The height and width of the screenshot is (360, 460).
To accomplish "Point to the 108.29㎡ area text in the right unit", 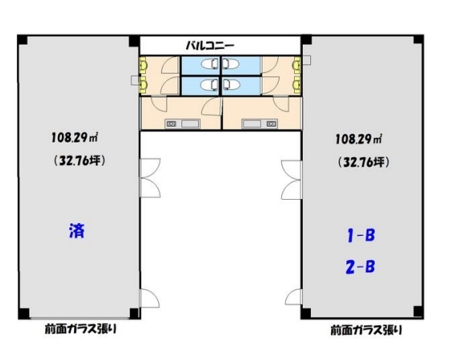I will pos(358,139).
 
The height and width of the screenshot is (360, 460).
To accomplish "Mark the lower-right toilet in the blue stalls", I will pos(234,85).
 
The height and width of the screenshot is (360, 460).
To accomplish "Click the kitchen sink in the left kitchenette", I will pos(190,123).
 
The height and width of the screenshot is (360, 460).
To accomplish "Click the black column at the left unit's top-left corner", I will pos(22,39).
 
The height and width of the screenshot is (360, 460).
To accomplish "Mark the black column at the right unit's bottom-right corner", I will pos(414,312).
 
